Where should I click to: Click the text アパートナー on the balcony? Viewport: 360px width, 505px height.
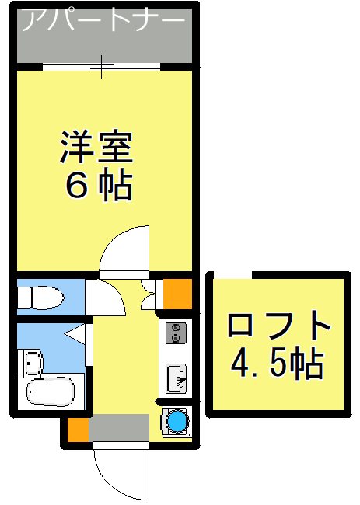pyautogui.click(x=101, y=21)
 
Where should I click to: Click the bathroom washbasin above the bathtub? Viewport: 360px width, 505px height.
pyautogui.click(x=33, y=363)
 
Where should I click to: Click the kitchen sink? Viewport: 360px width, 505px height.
pyautogui.click(x=176, y=378)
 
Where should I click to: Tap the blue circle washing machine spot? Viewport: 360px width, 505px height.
pyautogui.click(x=175, y=420)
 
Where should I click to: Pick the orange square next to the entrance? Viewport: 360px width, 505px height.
pyautogui.click(x=76, y=429)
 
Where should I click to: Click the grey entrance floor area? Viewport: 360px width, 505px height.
pyautogui.click(x=118, y=427)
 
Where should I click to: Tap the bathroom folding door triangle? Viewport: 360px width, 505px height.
pyautogui.click(x=78, y=335)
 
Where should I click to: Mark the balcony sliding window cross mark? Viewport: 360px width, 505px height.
pyautogui.click(x=103, y=68)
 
